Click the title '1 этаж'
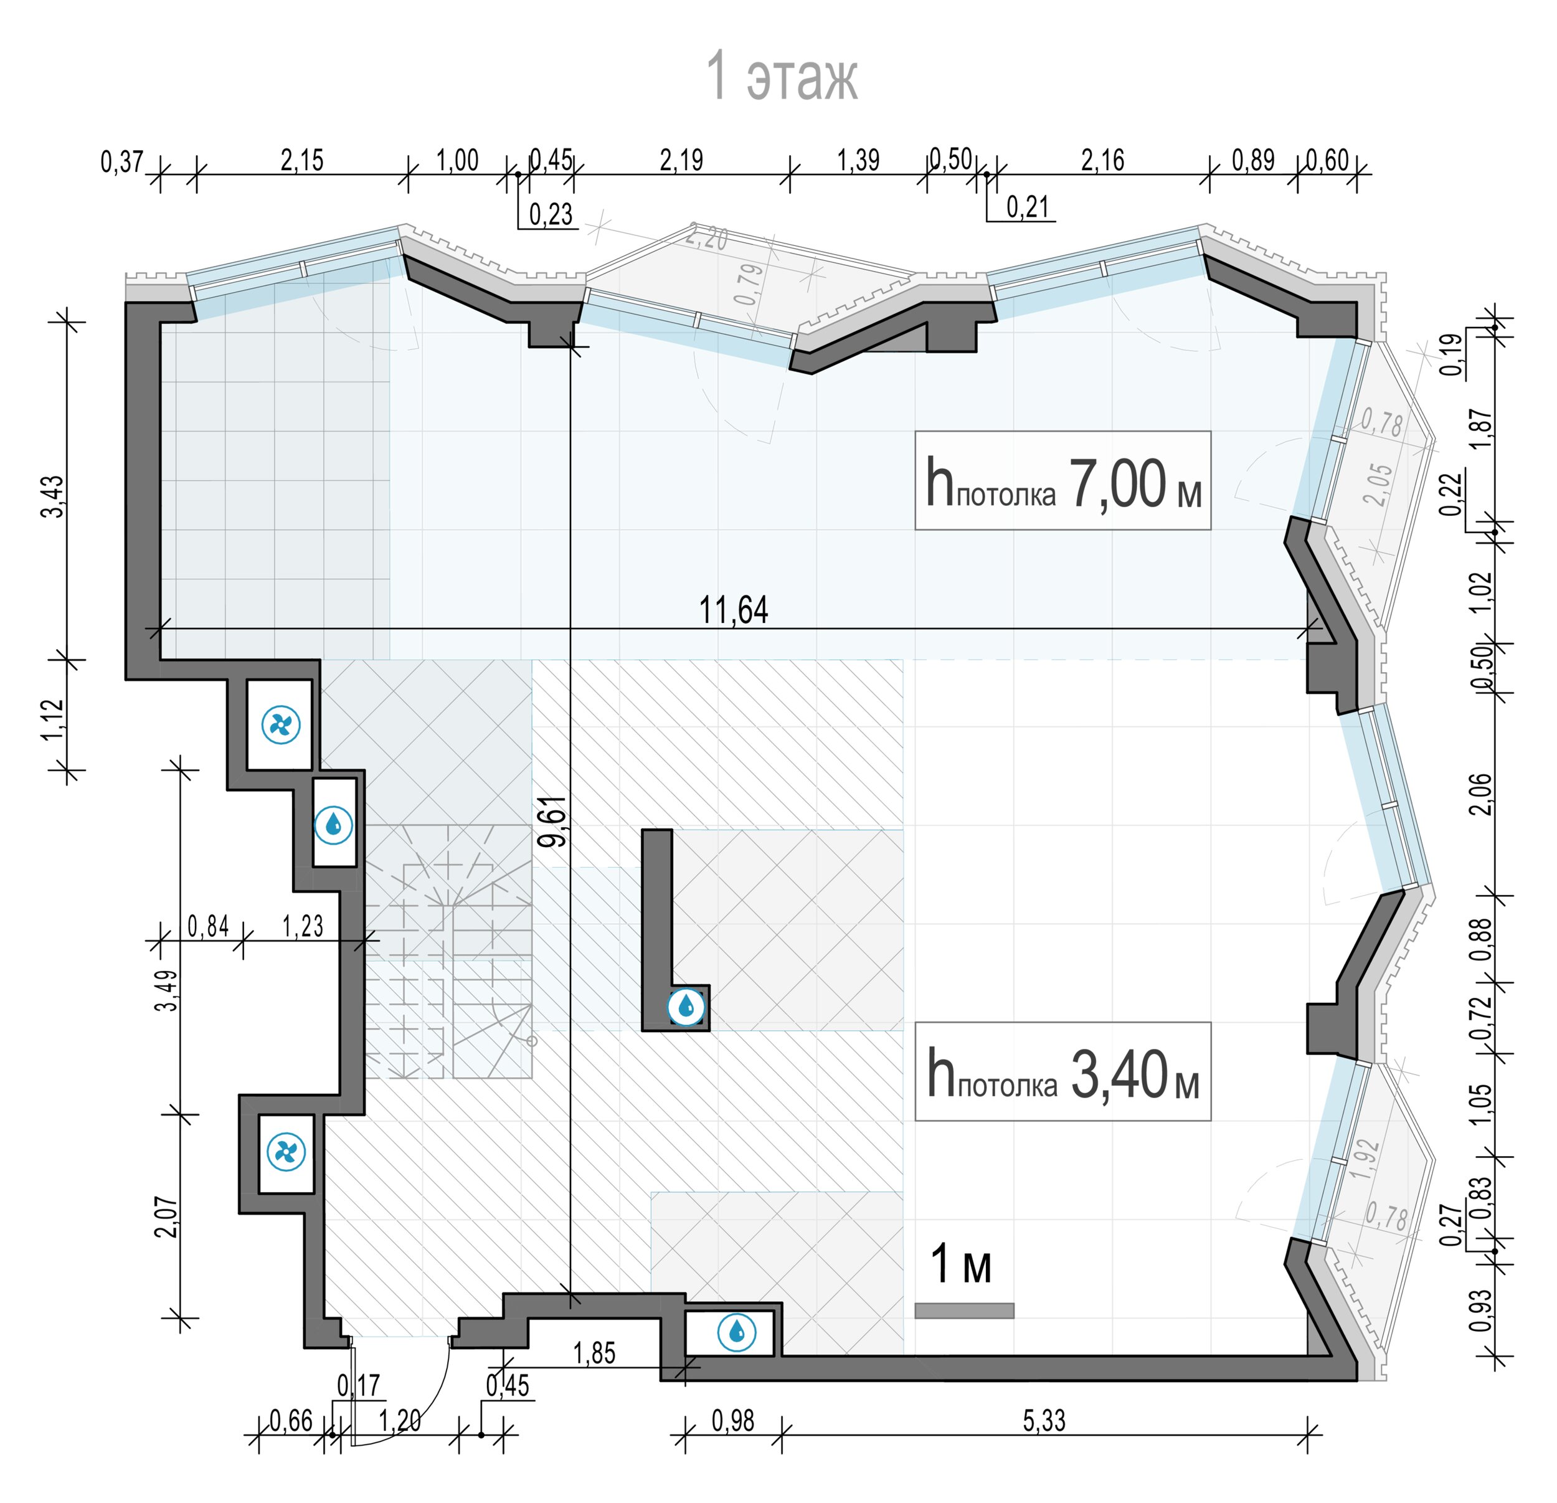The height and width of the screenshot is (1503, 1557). point(782,77)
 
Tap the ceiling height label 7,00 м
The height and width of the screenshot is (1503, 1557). point(1135,484)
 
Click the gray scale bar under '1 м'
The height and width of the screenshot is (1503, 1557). point(963,1311)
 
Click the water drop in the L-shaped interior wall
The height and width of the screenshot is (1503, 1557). point(686,1007)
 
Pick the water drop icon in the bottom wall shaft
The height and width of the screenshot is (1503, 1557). point(736,1332)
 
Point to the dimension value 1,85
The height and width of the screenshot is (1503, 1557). point(594,1354)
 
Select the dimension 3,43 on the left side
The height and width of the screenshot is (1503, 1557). point(52,496)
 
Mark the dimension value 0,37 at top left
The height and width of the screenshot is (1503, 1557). point(121,162)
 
